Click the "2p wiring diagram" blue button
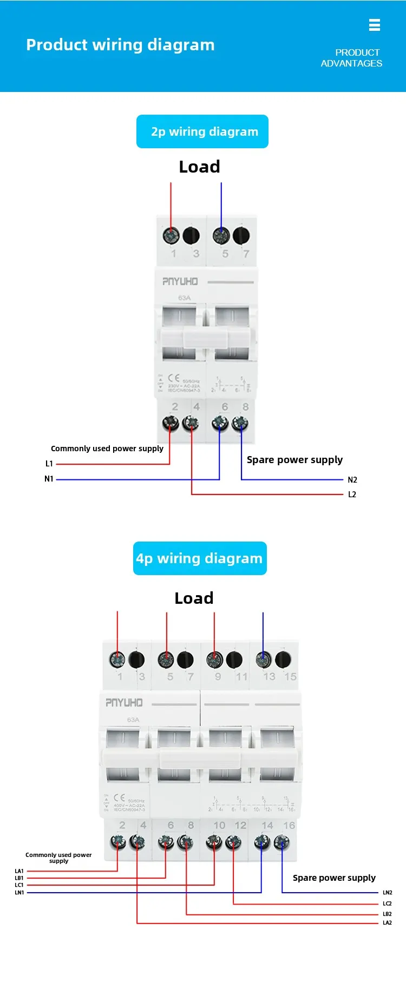click(202, 131)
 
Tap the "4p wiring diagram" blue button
click(200, 558)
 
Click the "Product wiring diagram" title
click(120, 45)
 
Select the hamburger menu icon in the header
click(374, 25)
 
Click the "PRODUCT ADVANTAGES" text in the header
click(351, 58)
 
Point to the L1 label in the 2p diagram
click(49, 464)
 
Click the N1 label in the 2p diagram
click(49, 479)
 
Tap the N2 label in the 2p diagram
click(352, 480)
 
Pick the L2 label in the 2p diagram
click(352, 495)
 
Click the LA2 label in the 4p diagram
click(387, 923)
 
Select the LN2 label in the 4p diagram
click(387, 893)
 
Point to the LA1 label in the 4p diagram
click(19, 871)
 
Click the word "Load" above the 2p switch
click(199, 167)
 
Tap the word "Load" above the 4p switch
click(194, 598)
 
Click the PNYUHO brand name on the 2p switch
click(180, 281)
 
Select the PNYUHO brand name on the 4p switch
click(124, 703)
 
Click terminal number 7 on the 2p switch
click(246, 254)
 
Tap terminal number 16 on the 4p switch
click(289, 826)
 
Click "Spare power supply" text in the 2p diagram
click(294, 460)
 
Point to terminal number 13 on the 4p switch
click(269, 677)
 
